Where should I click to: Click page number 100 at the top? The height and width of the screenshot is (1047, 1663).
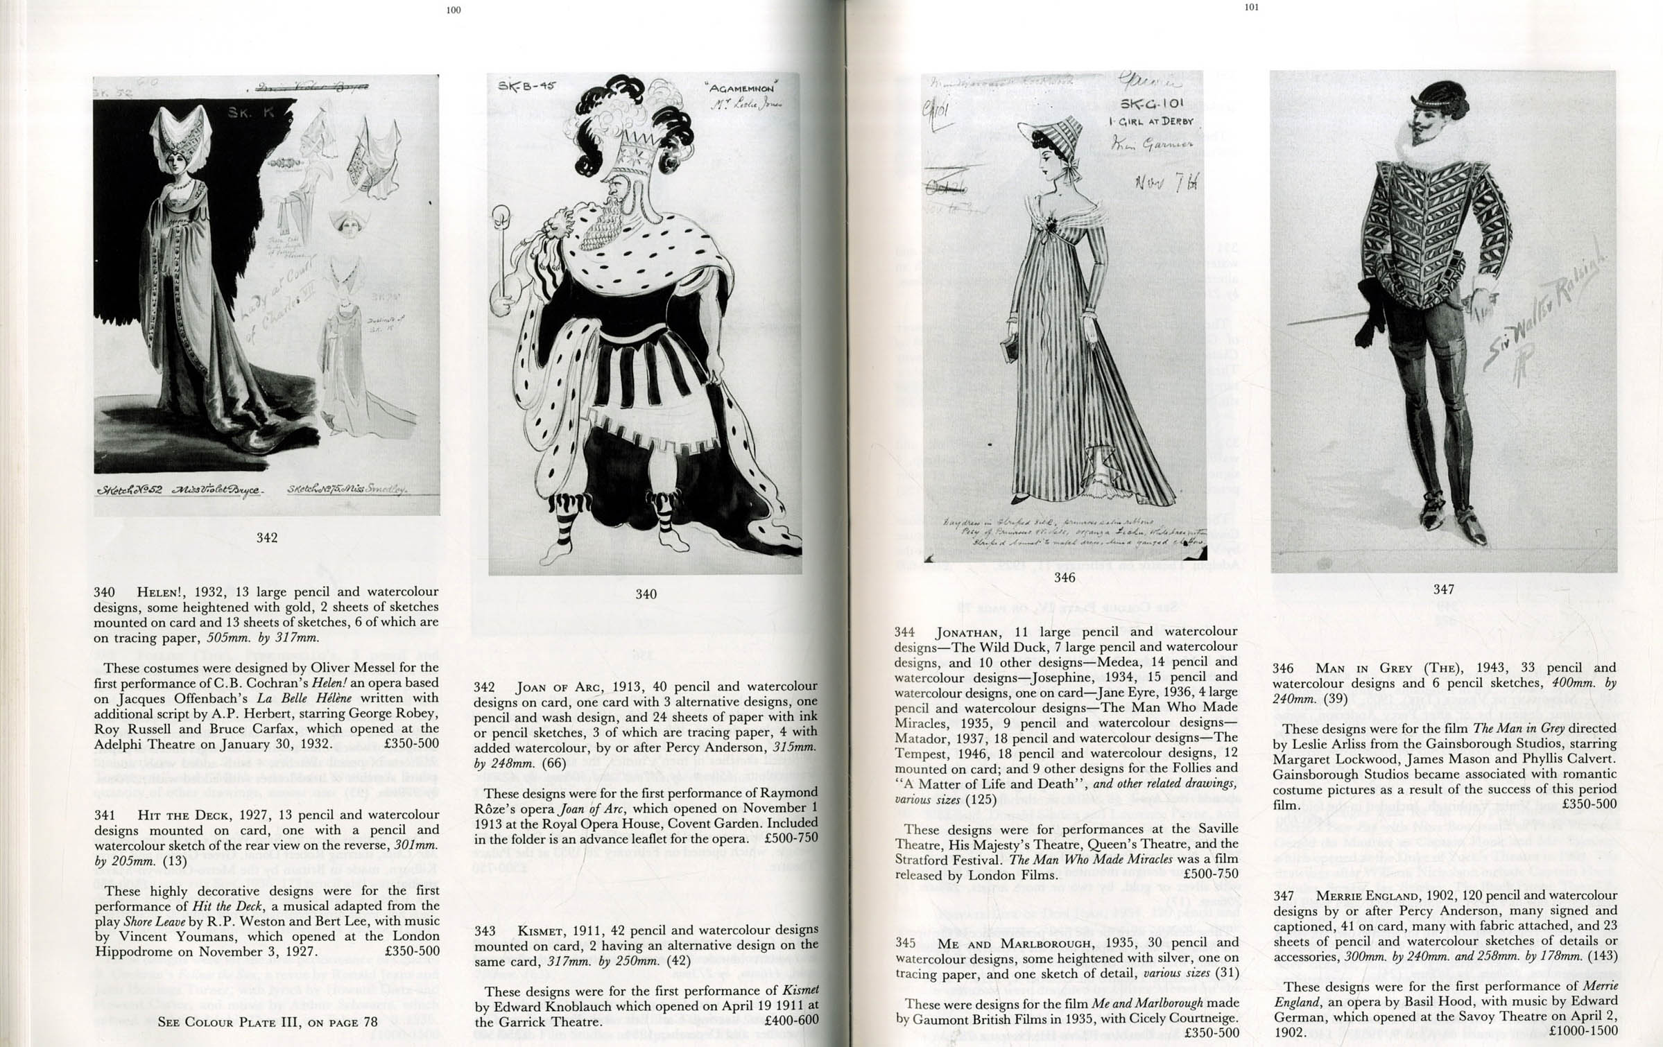[454, 10]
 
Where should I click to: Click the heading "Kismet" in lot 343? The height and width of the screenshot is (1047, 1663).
[541, 930]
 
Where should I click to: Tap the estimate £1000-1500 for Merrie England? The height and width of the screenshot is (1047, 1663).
[1584, 1032]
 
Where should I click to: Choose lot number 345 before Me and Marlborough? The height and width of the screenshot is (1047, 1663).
[905, 942]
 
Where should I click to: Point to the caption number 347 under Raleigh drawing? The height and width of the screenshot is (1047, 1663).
[1443, 589]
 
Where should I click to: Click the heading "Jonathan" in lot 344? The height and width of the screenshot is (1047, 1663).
[967, 632]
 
